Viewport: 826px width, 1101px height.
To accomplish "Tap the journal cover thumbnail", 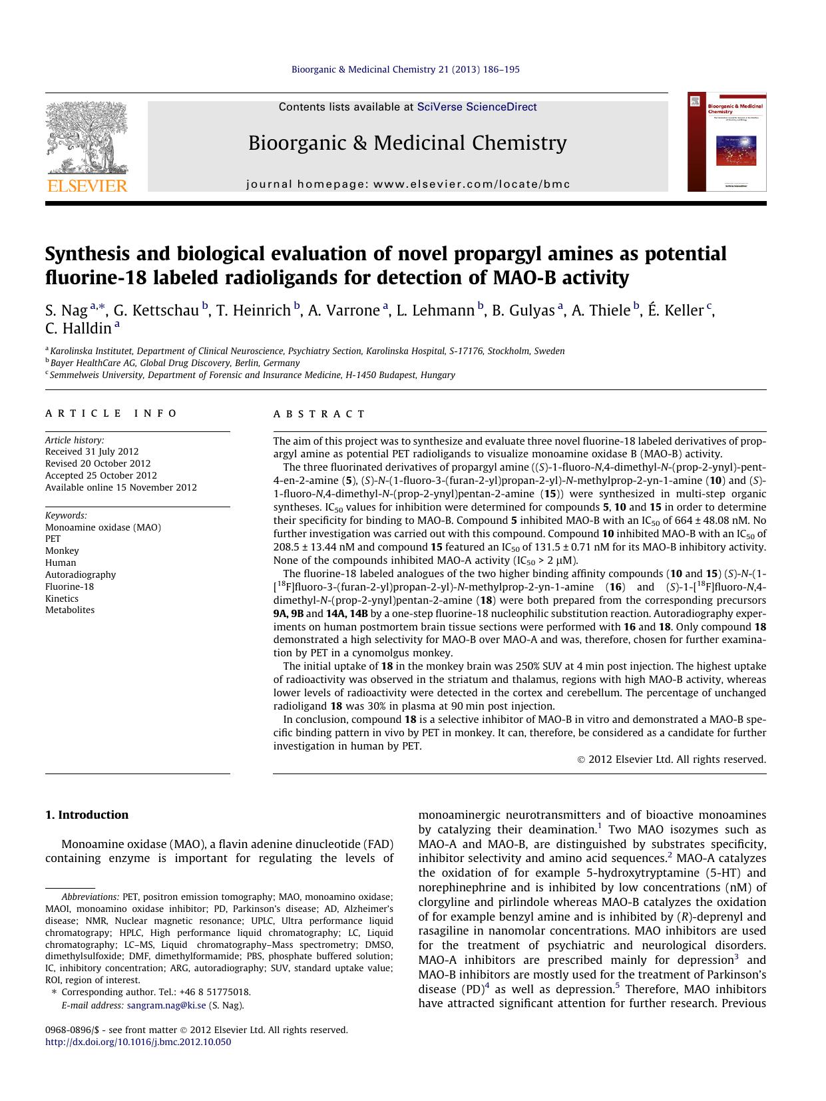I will tap(726, 142).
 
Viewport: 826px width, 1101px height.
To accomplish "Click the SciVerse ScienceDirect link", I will tap(477, 107).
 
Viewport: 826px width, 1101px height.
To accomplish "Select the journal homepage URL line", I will tap(408, 184).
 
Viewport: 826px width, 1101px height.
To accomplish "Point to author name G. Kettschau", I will tap(156, 310).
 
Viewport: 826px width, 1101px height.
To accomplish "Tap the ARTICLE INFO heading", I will tap(111, 413).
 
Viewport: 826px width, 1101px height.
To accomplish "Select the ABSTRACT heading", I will tap(319, 414).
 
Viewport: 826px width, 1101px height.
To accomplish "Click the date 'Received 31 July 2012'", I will tap(92, 451).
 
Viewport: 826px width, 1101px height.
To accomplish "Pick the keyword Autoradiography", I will tap(81, 574).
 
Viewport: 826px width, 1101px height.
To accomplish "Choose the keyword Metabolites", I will tap(70, 610).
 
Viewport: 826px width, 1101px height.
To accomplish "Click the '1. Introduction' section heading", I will tap(87, 815).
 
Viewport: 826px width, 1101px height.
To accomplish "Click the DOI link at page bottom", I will tap(138, 1042).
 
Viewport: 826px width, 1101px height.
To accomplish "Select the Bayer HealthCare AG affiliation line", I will tap(174, 363).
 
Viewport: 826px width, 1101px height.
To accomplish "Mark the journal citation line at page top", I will tap(405, 69).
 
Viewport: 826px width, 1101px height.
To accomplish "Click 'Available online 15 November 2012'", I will tap(121, 487).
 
